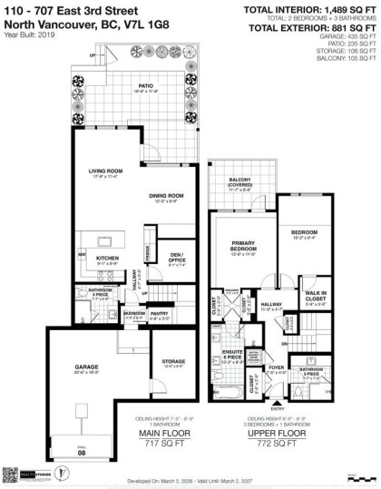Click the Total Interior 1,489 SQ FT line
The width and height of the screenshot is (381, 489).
point(308,9)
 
